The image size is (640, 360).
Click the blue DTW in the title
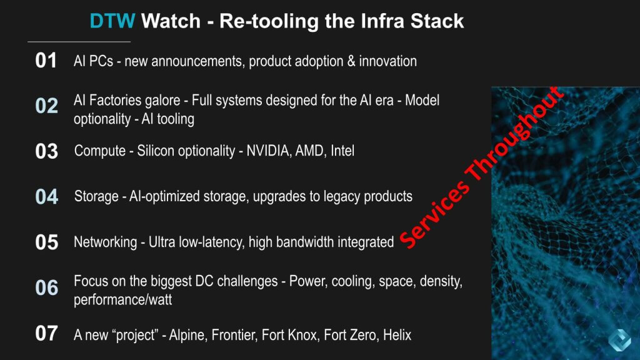tap(112, 21)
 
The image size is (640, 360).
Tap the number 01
tap(46, 61)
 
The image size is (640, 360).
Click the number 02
tap(46, 106)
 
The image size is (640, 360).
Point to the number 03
tap(46, 151)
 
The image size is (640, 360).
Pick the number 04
tap(46, 196)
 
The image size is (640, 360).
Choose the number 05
tap(46, 242)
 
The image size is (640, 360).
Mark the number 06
tap(46, 287)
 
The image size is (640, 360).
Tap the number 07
tap(46, 333)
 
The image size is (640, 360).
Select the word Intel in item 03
tap(342, 151)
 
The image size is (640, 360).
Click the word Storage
tap(96, 196)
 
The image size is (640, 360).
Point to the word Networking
tap(105, 242)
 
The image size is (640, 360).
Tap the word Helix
tap(397, 335)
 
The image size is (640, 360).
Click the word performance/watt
tap(123, 300)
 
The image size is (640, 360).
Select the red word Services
tap(435, 215)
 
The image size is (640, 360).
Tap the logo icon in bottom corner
tap(619, 339)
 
